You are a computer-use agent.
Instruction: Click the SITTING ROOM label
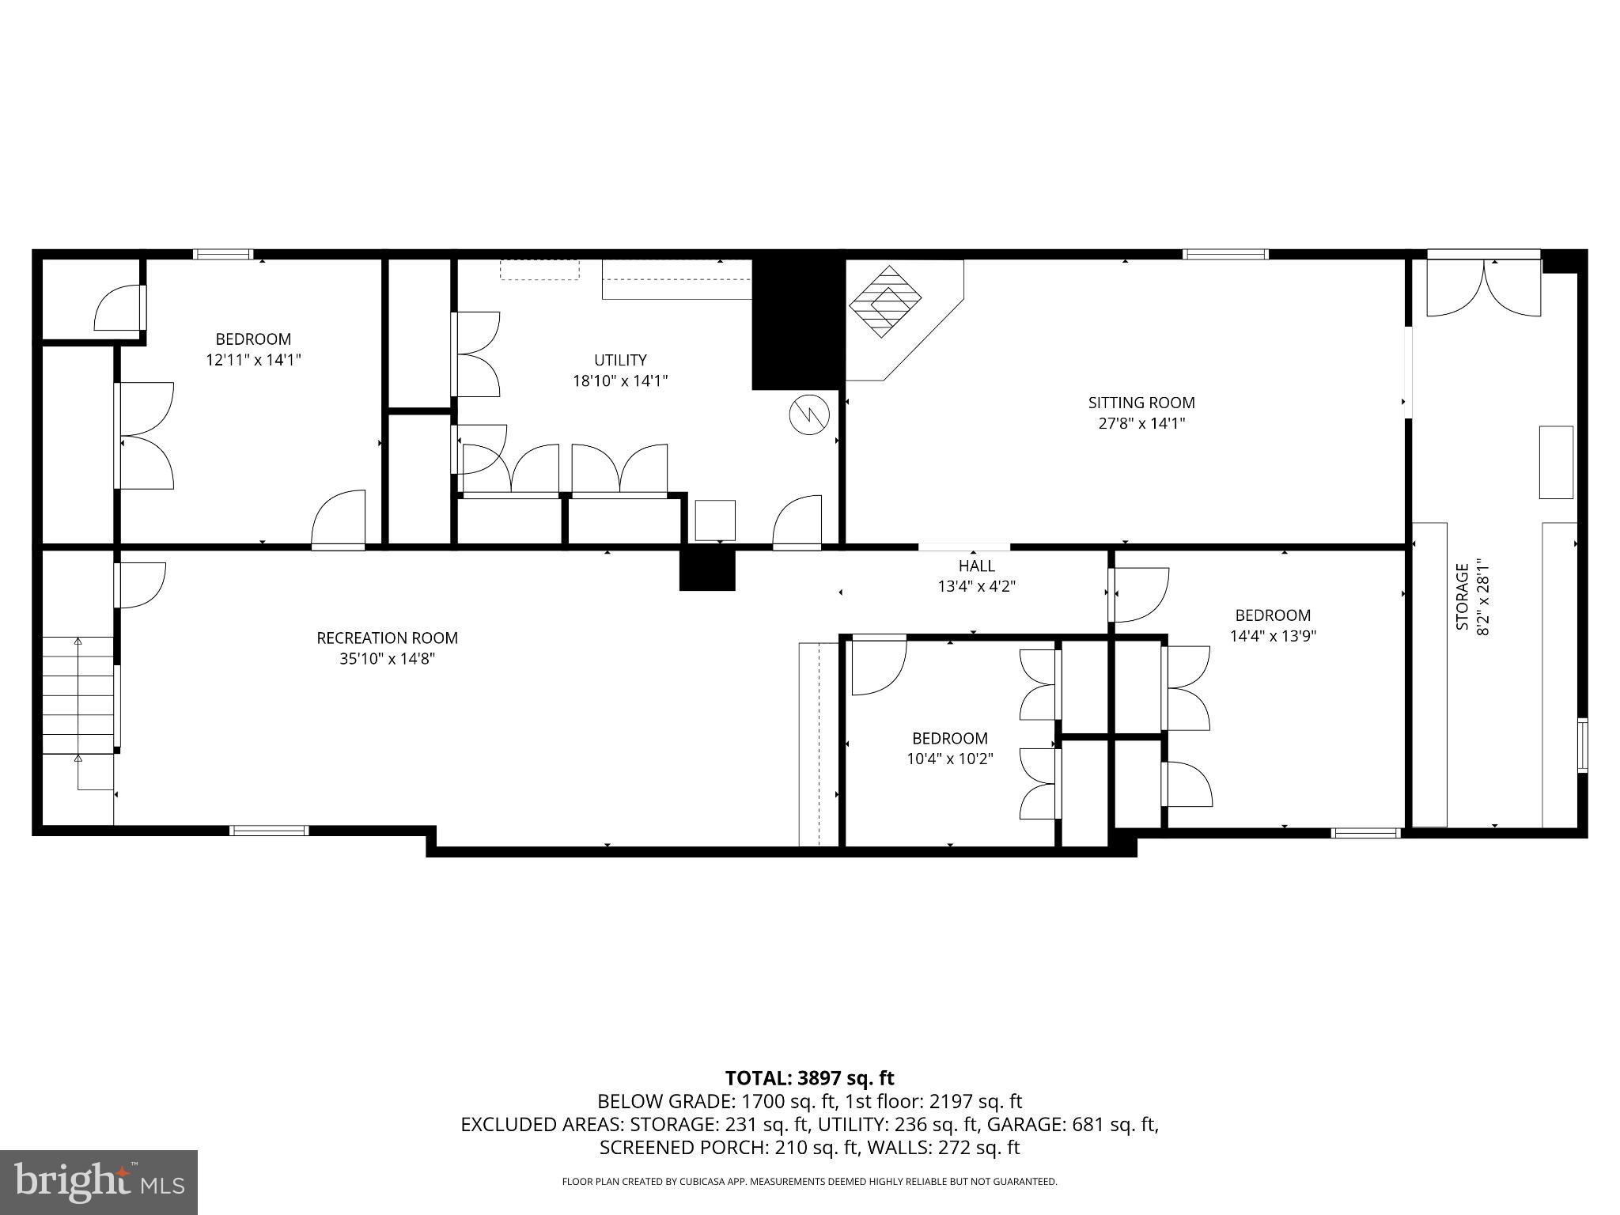tap(1141, 403)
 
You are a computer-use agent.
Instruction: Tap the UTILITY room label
tap(620, 360)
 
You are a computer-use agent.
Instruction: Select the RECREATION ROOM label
tap(387, 638)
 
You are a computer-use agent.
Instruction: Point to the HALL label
tap(976, 566)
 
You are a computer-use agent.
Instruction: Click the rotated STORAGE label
tap(1463, 596)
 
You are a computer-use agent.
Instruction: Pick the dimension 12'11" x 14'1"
tap(253, 360)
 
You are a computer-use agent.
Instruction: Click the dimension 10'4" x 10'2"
tap(949, 759)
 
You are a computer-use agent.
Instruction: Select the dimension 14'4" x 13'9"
tap(1273, 635)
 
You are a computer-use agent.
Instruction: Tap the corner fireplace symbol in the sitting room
tap(885, 301)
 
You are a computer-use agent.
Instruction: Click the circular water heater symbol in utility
tap(808, 414)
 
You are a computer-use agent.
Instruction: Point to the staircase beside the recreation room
tap(78, 695)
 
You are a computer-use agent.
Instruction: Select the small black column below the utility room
tap(707, 569)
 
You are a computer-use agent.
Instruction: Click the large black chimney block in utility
tap(797, 323)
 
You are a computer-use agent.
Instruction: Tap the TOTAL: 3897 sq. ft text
tap(809, 1077)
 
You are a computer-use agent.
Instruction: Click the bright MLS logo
tap(98, 1182)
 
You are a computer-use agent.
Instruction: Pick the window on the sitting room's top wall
tap(1225, 255)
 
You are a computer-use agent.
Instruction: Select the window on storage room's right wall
tap(1581, 744)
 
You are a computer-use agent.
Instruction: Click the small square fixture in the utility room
tap(715, 520)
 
